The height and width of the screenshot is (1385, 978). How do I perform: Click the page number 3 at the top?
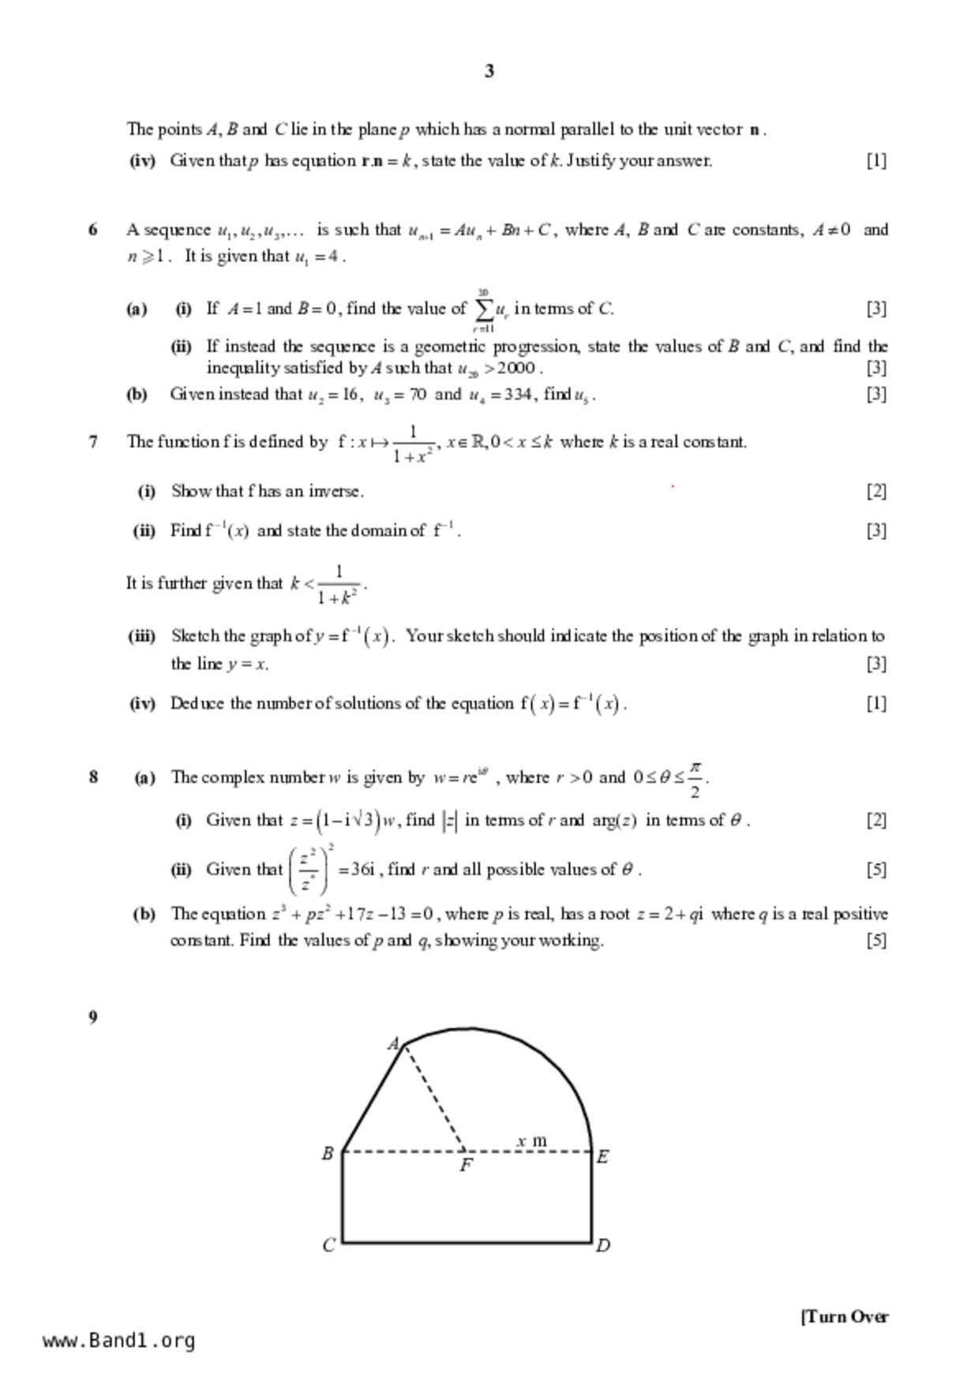click(x=489, y=71)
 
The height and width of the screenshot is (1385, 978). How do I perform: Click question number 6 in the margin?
click(x=93, y=230)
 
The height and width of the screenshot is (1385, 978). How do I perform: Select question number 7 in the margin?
click(x=93, y=442)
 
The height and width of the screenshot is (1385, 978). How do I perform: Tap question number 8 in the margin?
click(x=93, y=777)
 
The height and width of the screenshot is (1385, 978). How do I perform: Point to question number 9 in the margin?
click(x=93, y=1017)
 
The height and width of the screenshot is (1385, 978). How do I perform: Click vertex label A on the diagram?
click(x=393, y=1044)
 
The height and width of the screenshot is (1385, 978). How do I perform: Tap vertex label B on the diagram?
click(x=328, y=1154)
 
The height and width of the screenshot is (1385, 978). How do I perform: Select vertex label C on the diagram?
click(x=328, y=1245)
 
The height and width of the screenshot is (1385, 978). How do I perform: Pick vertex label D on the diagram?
click(x=603, y=1246)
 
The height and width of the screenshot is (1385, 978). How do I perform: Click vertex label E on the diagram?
click(x=602, y=1157)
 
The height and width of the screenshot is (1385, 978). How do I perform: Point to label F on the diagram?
click(x=466, y=1165)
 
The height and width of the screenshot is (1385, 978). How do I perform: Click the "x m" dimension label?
click(x=531, y=1140)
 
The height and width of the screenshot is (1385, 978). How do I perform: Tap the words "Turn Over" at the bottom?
click(x=845, y=1316)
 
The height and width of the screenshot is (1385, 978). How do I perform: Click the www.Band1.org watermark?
click(x=119, y=1341)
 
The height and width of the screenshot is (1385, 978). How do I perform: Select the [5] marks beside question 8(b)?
click(x=876, y=940)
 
